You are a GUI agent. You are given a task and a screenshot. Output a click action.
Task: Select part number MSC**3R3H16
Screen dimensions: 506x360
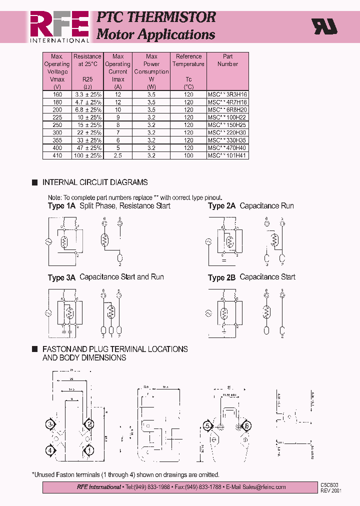[227, 94]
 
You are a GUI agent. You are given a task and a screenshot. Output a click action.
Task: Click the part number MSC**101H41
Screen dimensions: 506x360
[227, 155]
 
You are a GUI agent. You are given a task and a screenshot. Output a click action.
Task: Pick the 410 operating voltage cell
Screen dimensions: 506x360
[56, 155]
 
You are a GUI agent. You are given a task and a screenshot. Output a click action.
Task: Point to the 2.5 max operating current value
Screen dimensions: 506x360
[118, 155]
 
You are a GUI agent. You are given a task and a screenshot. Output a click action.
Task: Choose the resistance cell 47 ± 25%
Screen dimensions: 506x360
[87, 148]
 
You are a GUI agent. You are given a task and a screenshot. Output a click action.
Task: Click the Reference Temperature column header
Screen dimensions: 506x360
[188, 60]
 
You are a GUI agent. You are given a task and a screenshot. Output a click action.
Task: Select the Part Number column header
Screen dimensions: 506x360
[227, 60]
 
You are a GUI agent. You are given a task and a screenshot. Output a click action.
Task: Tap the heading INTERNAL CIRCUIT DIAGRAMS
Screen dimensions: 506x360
[95, 182]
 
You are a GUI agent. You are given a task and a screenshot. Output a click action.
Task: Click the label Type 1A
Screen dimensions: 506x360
[61, 206]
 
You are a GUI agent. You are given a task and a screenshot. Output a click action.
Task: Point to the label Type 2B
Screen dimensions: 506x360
[221, 277]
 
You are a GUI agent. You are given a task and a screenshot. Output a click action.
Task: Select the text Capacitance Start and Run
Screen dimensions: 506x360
[121, 277]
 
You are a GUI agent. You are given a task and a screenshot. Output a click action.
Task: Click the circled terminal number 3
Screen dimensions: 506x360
[50, 425]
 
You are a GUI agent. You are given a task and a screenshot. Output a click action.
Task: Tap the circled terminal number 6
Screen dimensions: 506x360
[245, 426]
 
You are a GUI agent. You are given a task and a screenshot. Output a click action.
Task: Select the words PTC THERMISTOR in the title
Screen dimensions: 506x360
[155, 17]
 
